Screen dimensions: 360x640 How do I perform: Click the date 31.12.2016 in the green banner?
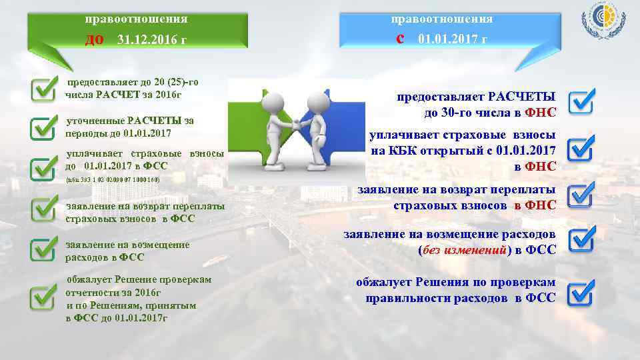coord(151,40)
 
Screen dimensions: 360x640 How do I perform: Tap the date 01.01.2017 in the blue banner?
coord(452,39)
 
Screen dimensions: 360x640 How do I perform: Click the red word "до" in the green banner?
coord(94,39)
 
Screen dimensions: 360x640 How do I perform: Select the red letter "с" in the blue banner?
coord(400,38)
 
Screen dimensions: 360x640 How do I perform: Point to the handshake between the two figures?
coord(292,125)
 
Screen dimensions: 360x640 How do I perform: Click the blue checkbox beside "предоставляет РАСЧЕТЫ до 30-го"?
coord(581,101)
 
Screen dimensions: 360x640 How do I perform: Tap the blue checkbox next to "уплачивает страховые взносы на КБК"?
coord(581,149)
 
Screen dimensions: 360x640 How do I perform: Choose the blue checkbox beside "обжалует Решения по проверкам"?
coord(581,291)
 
